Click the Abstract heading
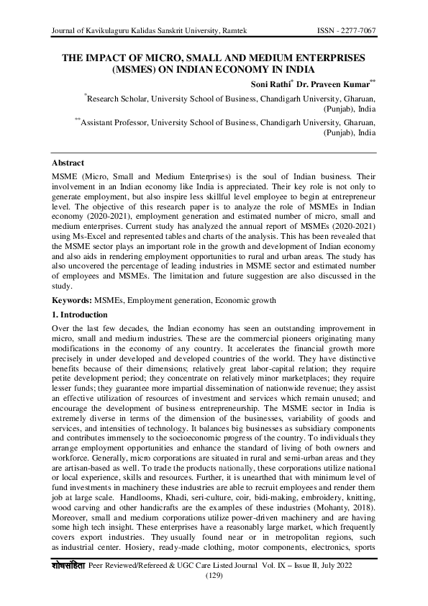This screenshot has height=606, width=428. tap(68, 163)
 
